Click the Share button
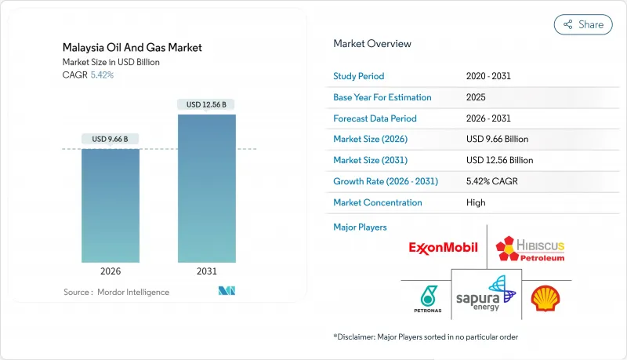pyautogui.click(x=583, y=24)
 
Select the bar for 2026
pyautogui.click(x=111, y=205)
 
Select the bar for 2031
pyautogui.click(x=206, y=188)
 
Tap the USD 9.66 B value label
pyautogui.click(x=111, y=140)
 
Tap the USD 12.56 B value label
pyautogui.click(x=206, y=104)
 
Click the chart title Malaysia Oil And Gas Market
pyautogui.click(x=131, y=48)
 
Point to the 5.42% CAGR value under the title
pyautogui.click(x=101, y=75)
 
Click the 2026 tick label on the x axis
pyautogui.click(x=111, y=271)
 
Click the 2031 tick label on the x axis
pyautogui.click(x=206, y=271)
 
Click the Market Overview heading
pyautogui.click(x=372, y=43)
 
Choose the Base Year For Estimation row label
pyautogui.click(x=382, y=98)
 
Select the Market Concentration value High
pyautogui.click(x=476, y=202)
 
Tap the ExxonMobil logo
pyautogui.click(x=443, y=248)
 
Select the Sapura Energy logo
pyautogui.click(x=486, y=294)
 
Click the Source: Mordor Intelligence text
pyautogui.click(x=116, y=292)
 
